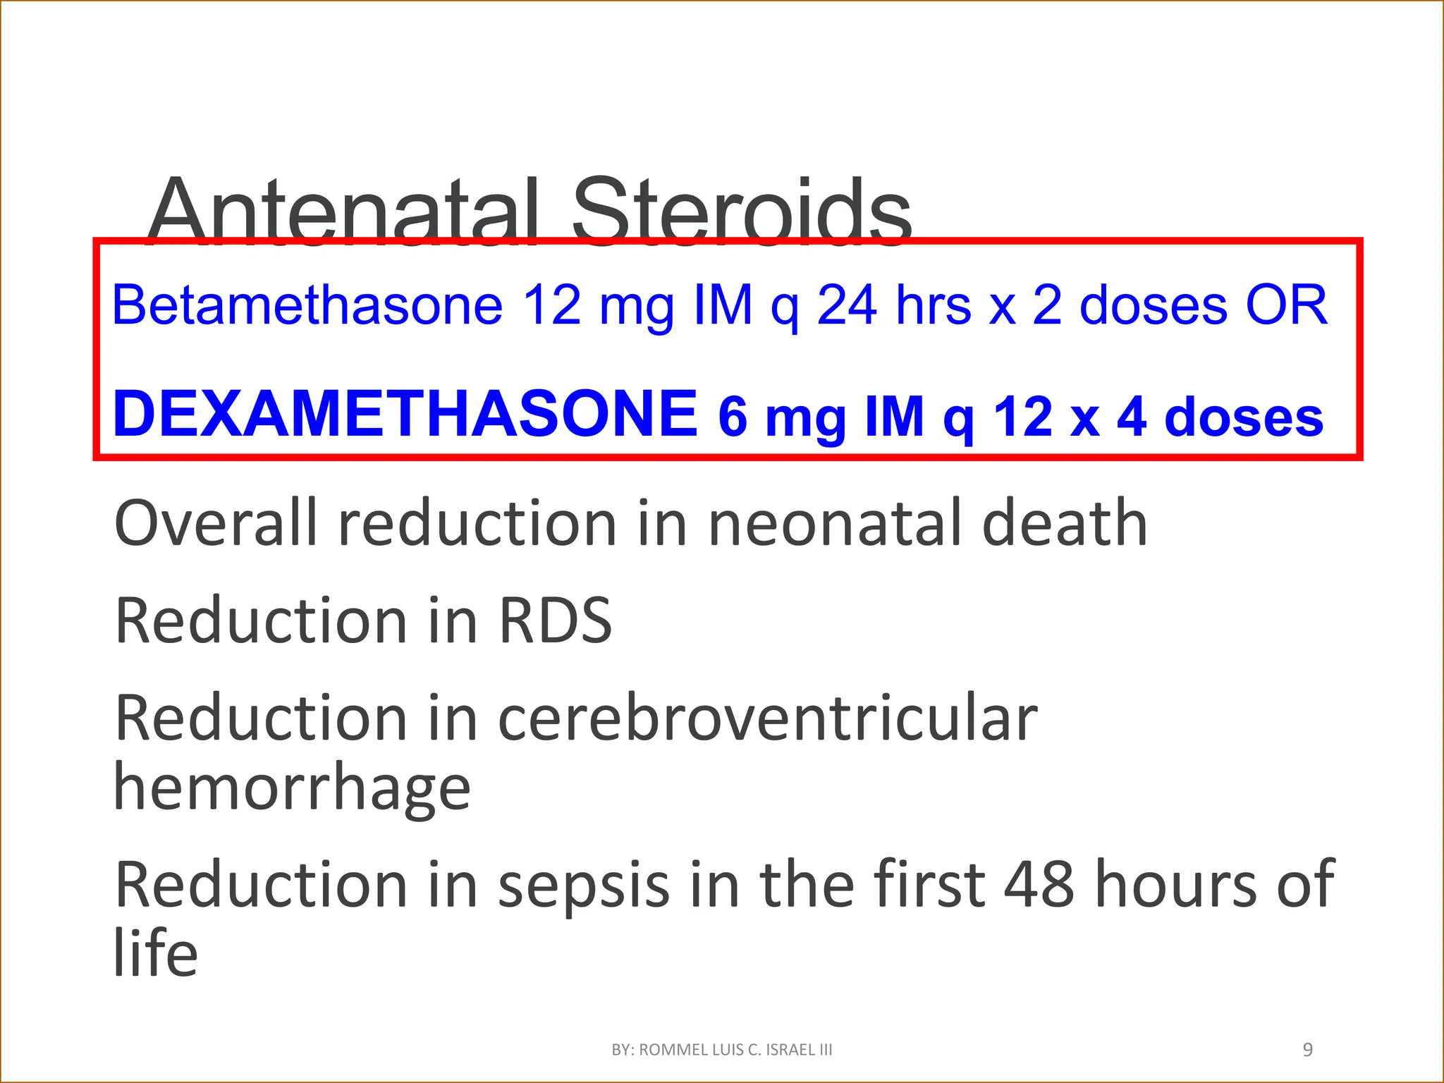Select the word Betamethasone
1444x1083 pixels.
coord(307,305)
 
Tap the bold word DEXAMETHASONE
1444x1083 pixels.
coord(405,414)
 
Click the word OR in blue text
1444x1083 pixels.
coord(1287,305)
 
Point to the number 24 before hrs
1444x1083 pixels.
coord(847,305)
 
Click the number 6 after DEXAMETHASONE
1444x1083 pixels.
coord(733,416)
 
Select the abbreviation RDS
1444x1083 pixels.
coord(556,620)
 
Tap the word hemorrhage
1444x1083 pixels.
coord(292,788)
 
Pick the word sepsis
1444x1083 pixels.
coord(584,886)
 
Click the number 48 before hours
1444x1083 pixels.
coord(1039,884)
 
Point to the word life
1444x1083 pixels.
coord(156,952)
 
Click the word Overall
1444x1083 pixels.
coord(216,523)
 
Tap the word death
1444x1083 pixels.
coord(1065,523)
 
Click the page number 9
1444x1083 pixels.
coord(1308,1050)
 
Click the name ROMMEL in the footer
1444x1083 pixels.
coord(674,1050)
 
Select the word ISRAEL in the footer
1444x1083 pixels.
coord(790,1050)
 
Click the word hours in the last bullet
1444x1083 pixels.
coord(1175,884)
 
